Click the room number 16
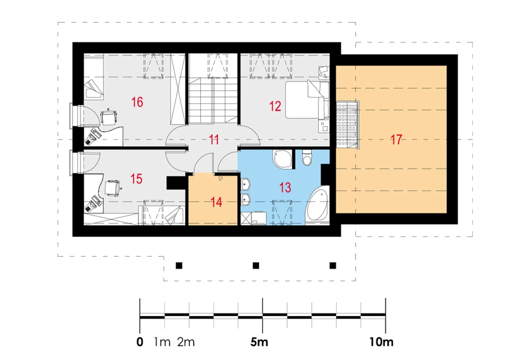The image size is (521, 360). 137,102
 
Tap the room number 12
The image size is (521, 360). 275,106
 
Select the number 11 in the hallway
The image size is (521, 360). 214,140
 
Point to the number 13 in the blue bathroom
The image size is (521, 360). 285,188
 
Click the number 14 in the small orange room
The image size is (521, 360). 217,202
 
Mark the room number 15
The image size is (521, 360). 136,179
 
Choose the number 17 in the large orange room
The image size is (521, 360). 396,140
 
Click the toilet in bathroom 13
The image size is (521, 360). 307,158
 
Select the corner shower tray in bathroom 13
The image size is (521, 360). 282,159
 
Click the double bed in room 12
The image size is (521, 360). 307,100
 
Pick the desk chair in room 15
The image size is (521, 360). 113,188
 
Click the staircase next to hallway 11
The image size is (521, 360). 212,101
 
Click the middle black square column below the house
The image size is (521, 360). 256,266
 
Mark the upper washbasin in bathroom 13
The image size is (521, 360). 245,184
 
